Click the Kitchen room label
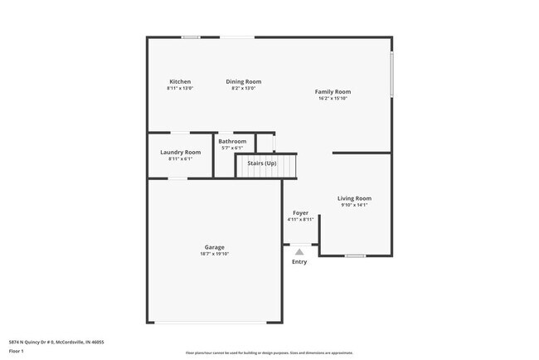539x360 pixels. (x=180, y=81)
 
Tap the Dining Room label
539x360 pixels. (x=244, y=81)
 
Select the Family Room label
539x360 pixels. (x=333, y=91)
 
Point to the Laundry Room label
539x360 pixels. (x=180, y=152)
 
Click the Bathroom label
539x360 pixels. (x=232, y=141)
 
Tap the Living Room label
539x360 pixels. (x=353, y=198)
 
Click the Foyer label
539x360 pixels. (x=299, y=212)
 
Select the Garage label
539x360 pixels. (x=214, y=247)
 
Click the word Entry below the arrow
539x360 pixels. (x=299, y=261)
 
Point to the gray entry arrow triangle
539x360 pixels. (x=299, y=251)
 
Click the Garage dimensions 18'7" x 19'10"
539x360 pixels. (x=214, y=254)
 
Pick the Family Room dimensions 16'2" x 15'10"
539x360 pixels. (x=333, y=98)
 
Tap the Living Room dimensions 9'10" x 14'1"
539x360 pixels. (x=353, y=205)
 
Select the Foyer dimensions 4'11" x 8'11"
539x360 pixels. (x=299, y=220)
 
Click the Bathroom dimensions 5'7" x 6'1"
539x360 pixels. (x=232, y=148)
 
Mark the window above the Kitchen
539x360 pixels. (x=191, y=36)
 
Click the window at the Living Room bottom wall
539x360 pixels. (x=355, y=255)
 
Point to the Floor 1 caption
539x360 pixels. (x=17, y=351)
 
